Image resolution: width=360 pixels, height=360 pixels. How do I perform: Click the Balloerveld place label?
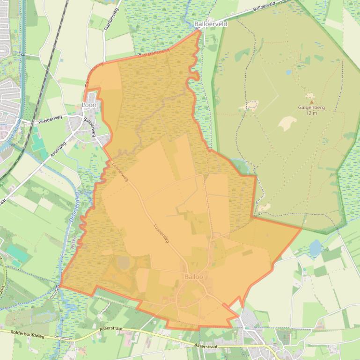(211, 23)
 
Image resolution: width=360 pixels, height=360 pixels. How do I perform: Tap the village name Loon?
(89, 105)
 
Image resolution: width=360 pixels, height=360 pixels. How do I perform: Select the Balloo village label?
(194, 277)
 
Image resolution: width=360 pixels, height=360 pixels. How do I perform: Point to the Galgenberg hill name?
(311, 108)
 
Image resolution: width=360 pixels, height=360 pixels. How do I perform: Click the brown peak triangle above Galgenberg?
(311, 101)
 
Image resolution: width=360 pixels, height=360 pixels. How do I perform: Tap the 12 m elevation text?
(311, 113)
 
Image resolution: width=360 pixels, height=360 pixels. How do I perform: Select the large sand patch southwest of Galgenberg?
(287, 123)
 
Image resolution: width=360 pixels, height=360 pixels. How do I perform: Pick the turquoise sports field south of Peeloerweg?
(37, 143)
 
